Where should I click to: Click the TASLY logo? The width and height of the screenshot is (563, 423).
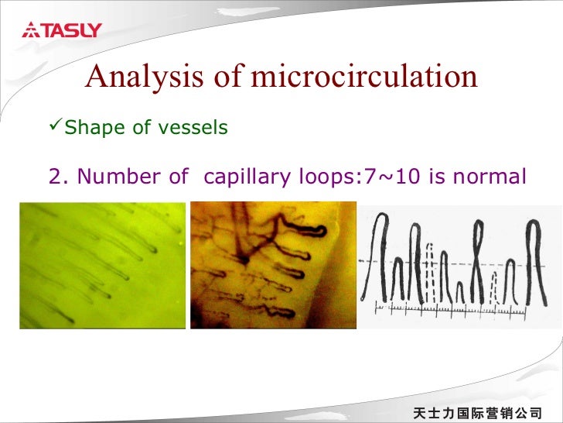62,31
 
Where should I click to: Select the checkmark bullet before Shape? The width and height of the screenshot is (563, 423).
55,126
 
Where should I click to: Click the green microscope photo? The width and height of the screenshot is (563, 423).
102,265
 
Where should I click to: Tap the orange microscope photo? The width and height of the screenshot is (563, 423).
273,265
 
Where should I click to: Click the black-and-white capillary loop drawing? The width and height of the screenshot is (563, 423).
461,265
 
